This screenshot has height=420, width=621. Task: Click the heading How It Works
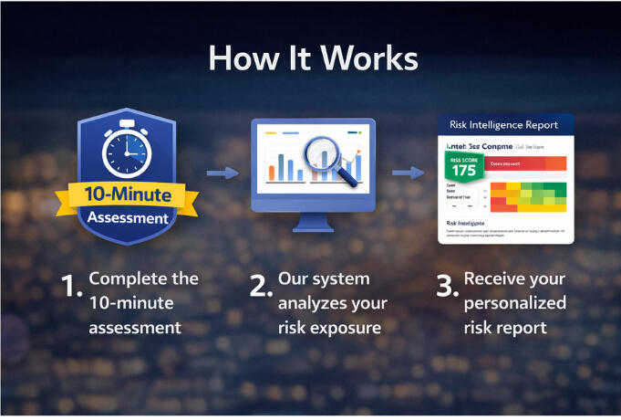(x=313, y=58)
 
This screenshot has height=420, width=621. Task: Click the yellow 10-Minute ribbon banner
(x=126, y=194)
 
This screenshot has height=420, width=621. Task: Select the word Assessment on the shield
(x=127, y=218)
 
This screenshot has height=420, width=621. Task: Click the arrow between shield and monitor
(x=223, y=172)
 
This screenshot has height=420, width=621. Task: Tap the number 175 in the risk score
(x=463, y=171)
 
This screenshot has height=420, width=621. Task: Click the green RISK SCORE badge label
(x=462, y=157)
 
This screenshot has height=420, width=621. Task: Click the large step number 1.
(x=71, y=287)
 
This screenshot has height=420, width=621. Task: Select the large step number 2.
(x=260, y=287)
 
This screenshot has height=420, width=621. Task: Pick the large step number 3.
(x=446, y=287)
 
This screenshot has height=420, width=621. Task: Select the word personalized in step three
(x=513, y=303)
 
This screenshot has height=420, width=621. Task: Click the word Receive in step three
(x=498, y=278)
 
